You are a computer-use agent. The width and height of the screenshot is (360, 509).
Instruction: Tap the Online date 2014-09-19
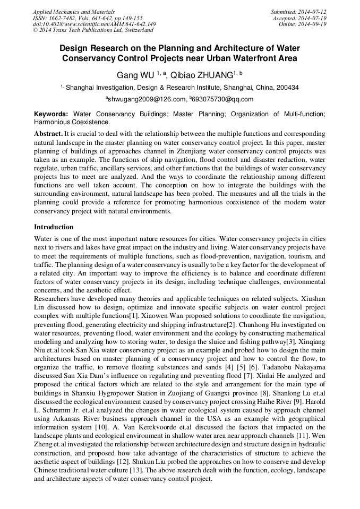[x=313, y=24]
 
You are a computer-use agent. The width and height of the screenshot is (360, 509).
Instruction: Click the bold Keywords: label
[x=51, y=114]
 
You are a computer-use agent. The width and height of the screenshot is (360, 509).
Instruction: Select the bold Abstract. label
[x=48, y=134]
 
